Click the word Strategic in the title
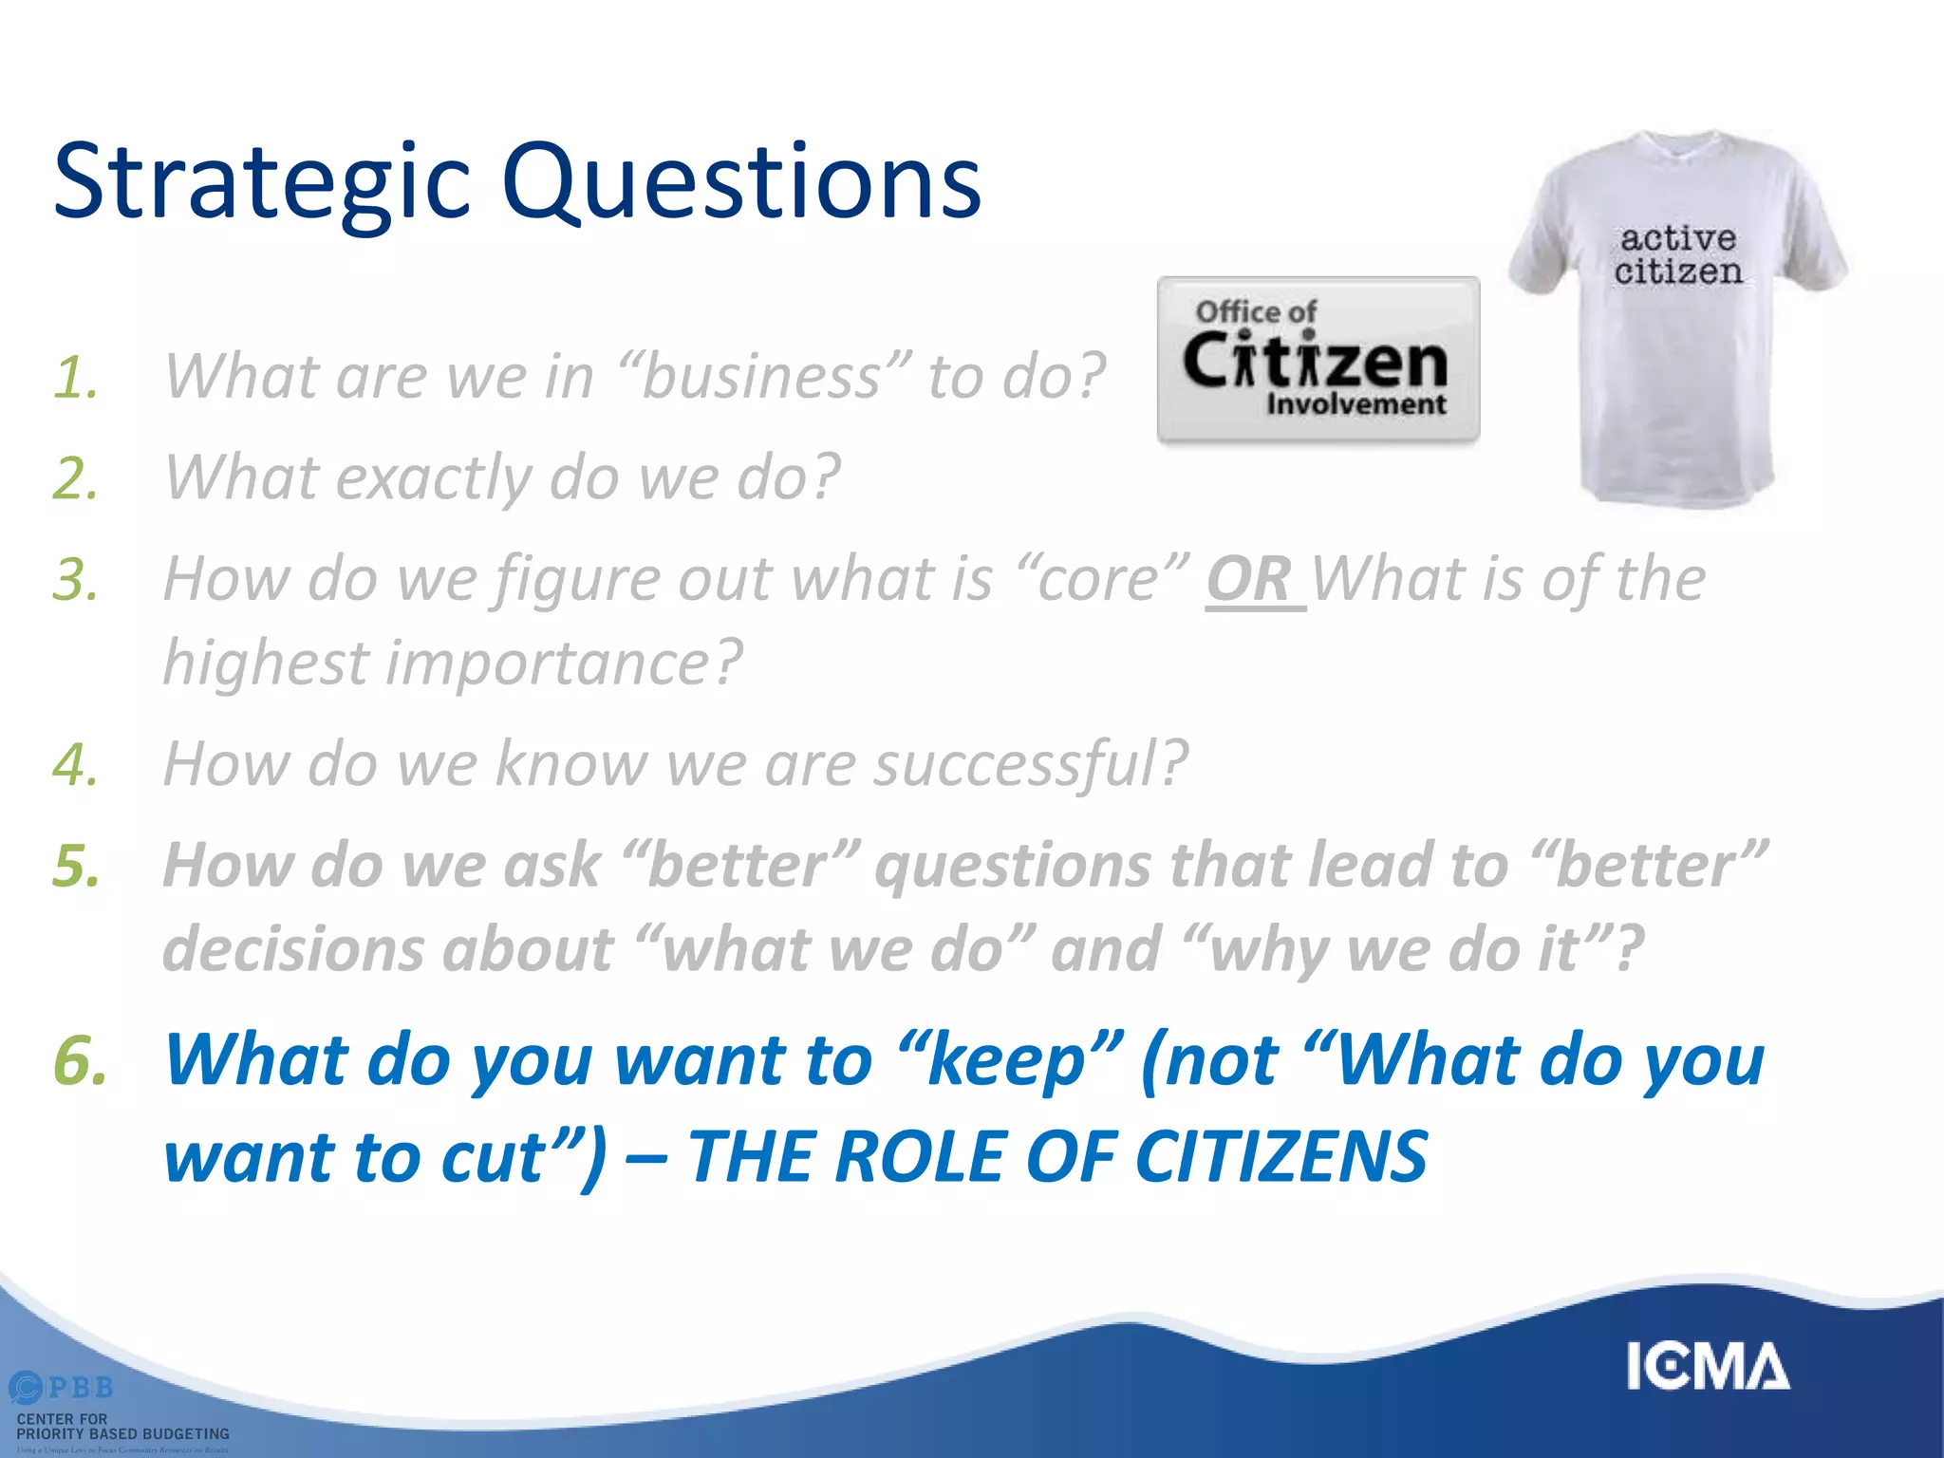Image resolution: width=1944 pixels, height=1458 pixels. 262,182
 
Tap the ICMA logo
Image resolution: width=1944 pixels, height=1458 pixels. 1707,1367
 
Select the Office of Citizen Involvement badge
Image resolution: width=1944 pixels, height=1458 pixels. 1318,361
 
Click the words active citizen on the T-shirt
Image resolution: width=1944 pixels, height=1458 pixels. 1678,254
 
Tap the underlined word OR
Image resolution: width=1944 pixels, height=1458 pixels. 1249,579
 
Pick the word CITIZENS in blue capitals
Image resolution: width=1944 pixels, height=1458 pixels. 1281,1158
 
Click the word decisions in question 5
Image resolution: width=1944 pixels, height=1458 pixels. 292,949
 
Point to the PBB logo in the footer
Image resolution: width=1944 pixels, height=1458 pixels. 61,1389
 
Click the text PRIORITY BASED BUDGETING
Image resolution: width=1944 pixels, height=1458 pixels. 123,1434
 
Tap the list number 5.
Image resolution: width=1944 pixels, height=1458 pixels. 76,866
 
